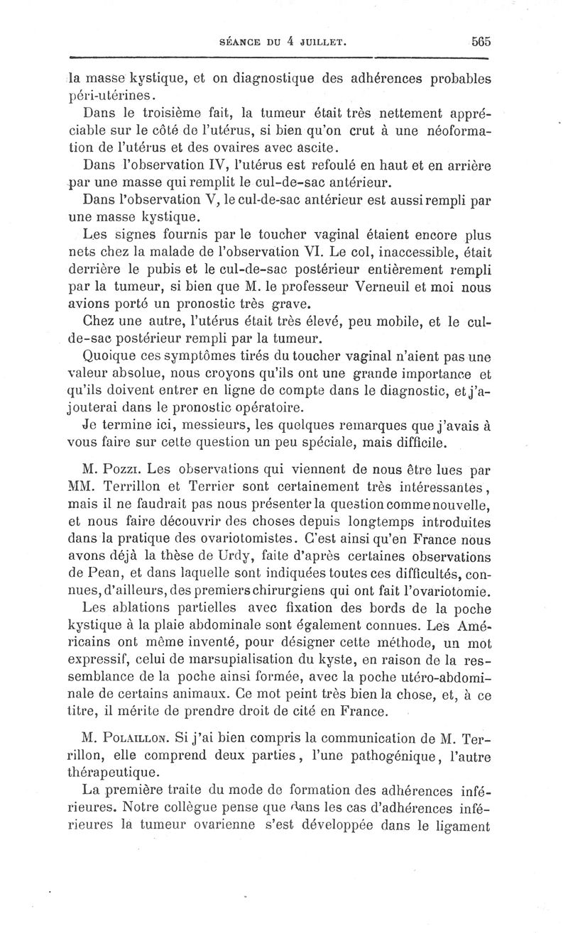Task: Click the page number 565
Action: [481, 41]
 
